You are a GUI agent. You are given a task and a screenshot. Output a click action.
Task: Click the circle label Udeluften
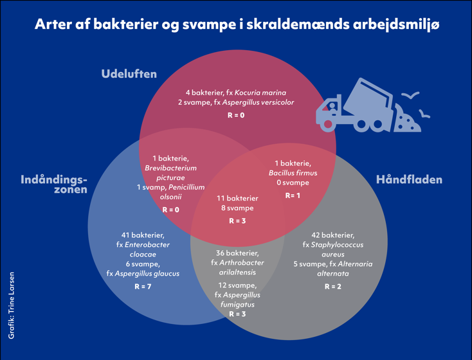[129, 74]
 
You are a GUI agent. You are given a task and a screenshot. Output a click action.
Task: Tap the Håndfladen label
[409, 180]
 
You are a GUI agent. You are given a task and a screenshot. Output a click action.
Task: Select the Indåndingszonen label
[54, 184]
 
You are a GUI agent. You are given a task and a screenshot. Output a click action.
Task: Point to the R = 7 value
[143, 286]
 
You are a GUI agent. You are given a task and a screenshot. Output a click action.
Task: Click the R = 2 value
[332, 286]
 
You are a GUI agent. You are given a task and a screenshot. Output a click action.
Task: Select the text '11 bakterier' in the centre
[237, 198]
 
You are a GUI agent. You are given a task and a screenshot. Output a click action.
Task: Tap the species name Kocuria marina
[260, 93]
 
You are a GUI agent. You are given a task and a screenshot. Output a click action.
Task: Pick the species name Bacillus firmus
[293, 173]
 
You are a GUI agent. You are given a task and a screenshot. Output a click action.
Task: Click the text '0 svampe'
[293, 183]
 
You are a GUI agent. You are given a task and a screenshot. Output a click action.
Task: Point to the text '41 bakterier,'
[143, 235]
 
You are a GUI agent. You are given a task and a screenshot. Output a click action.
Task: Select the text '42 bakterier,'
[332, 235]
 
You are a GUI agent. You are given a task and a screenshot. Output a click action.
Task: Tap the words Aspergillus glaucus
[152, 273]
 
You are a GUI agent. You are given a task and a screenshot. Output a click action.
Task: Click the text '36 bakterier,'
[237, 253]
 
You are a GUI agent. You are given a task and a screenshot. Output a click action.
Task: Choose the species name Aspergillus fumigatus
[237, 300]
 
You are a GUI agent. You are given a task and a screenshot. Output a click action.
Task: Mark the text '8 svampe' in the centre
[237, 208]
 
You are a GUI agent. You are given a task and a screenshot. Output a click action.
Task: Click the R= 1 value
[293, 195]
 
